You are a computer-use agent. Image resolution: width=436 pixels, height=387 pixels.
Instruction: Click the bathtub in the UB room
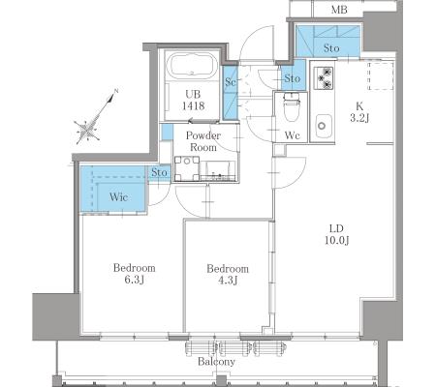[x=193, y=66]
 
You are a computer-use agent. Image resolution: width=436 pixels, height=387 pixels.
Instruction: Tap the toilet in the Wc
[x=292, y=107]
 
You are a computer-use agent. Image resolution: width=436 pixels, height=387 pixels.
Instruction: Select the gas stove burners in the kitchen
[x=324, y=78]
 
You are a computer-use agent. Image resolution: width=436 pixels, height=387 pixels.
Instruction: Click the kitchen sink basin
[x=324, y=126]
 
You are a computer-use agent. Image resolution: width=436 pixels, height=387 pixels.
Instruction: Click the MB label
[x=339, y=10]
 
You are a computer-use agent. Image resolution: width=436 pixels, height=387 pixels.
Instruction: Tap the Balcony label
[x=216, y=362]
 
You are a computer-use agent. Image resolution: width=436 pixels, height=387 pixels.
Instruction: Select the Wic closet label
[x=118, y=196]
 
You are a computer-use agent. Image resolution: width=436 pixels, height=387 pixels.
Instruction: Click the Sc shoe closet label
[x=231, y=82]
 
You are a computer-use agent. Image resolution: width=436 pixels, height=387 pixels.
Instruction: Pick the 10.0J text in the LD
[x=337, y=241]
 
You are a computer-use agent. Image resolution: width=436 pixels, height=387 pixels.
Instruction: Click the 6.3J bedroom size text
[x=134, y=280]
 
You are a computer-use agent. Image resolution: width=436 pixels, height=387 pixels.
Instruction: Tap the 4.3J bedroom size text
[x=228, y=281]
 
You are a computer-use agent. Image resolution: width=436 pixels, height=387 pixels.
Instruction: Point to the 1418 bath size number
[x=193, y=105]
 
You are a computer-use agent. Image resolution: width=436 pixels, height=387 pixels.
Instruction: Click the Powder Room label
[x=203, y=141]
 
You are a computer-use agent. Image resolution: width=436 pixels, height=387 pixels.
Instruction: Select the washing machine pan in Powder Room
[x=187, y=168]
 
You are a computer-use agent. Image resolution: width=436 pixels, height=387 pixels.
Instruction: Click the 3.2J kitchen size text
[x=359, y=118]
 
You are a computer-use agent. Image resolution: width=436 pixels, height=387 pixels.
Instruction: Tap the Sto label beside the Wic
[x=159, y=172]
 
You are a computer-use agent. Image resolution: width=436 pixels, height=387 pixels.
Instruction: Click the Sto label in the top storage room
[x=331, y=48]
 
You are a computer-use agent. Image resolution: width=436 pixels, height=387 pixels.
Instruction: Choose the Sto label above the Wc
[x=293, y=78]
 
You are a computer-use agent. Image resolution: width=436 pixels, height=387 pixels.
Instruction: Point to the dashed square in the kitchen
[x=381, y=76]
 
